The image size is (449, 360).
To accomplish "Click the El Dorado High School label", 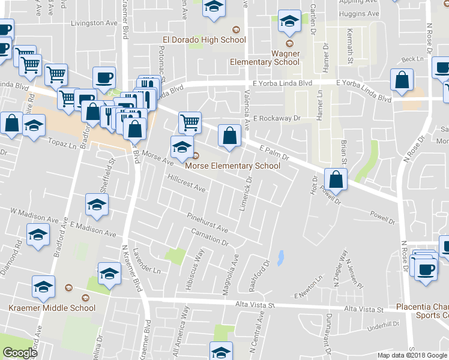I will (x=205, y=40).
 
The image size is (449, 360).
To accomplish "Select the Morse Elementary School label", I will (x=232, y=166).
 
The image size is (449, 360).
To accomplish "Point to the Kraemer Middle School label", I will (x=52, y=308).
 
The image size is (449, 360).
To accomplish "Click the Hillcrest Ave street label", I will (x=187, y=184).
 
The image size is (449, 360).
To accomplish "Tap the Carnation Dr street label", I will (x=210, y=237).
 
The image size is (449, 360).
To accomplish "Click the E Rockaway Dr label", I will (x=276, y=119).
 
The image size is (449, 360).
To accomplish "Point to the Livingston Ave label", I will (x=92, y=23).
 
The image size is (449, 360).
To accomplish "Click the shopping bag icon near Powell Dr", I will (x=336, y=179).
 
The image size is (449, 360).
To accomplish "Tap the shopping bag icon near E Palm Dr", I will (x=229, y=136).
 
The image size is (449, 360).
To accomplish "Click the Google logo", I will (x=20, y=353).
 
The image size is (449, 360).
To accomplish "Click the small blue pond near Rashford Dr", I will (x=281, y=259).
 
